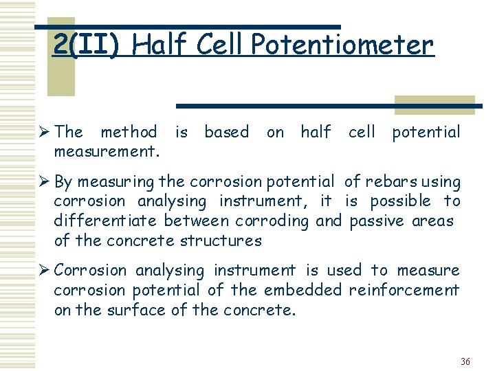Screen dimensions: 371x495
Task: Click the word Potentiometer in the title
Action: point(342,45)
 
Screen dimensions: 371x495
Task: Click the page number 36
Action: point(465,361)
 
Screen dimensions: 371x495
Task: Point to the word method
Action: point(129,131)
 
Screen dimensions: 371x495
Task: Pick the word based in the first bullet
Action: point(226,131)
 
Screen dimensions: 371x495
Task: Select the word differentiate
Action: point(107,221)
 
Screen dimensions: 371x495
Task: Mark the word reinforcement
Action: point(404,291)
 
